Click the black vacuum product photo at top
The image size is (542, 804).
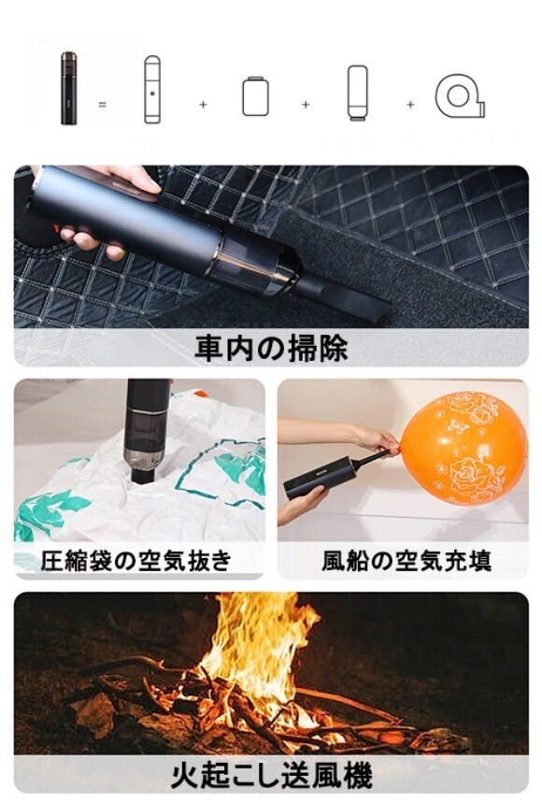69,88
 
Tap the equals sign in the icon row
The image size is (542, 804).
103,105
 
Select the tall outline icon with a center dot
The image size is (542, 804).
152,90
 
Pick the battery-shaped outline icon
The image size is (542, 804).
255,96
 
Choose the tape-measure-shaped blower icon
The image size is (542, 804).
460,96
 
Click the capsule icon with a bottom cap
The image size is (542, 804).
357,93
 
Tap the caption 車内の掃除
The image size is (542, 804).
271,348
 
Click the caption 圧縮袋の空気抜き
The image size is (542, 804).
136,560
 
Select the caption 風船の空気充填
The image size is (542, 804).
406,560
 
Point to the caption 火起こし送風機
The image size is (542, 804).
271,775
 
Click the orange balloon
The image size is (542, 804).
463,448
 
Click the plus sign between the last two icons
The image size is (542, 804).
410,105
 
